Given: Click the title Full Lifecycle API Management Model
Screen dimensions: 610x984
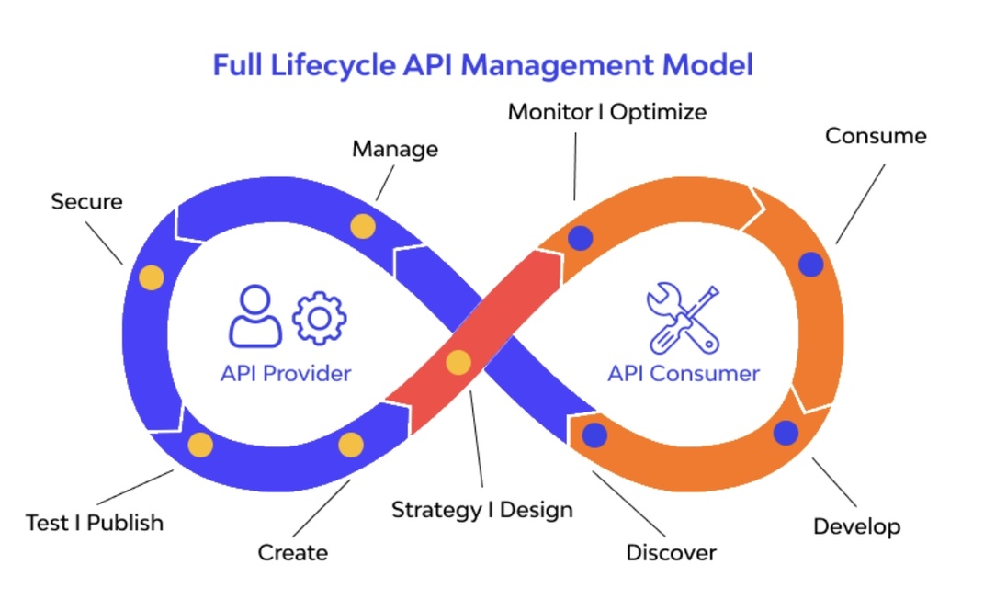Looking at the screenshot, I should (482, 66).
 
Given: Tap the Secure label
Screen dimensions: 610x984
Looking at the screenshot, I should (86, 201).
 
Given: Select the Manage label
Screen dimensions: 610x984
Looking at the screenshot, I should (395, 149).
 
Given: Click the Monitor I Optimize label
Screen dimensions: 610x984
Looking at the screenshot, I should (607, 112).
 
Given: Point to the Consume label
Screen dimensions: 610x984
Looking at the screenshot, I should (876, 136).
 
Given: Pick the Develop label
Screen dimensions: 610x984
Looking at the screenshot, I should (856, 526).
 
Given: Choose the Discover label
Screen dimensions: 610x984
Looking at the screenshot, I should (671, 552).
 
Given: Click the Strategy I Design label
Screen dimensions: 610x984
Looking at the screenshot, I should (482, 509).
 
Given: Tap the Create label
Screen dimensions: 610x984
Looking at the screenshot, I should (292, 552).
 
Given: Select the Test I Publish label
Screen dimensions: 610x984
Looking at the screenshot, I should (95, 523).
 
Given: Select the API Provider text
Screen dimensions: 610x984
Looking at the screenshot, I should (286, 374).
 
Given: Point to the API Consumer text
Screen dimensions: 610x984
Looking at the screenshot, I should (684, 374).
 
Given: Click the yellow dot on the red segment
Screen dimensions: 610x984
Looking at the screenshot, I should (458, 363).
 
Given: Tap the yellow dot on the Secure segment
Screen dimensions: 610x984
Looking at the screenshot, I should (151, 277).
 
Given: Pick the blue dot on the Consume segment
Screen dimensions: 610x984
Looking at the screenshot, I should (810, 265).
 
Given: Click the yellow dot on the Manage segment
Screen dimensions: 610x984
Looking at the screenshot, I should (363, 227).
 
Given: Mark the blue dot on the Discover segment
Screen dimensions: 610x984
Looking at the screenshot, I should (595, 435).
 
